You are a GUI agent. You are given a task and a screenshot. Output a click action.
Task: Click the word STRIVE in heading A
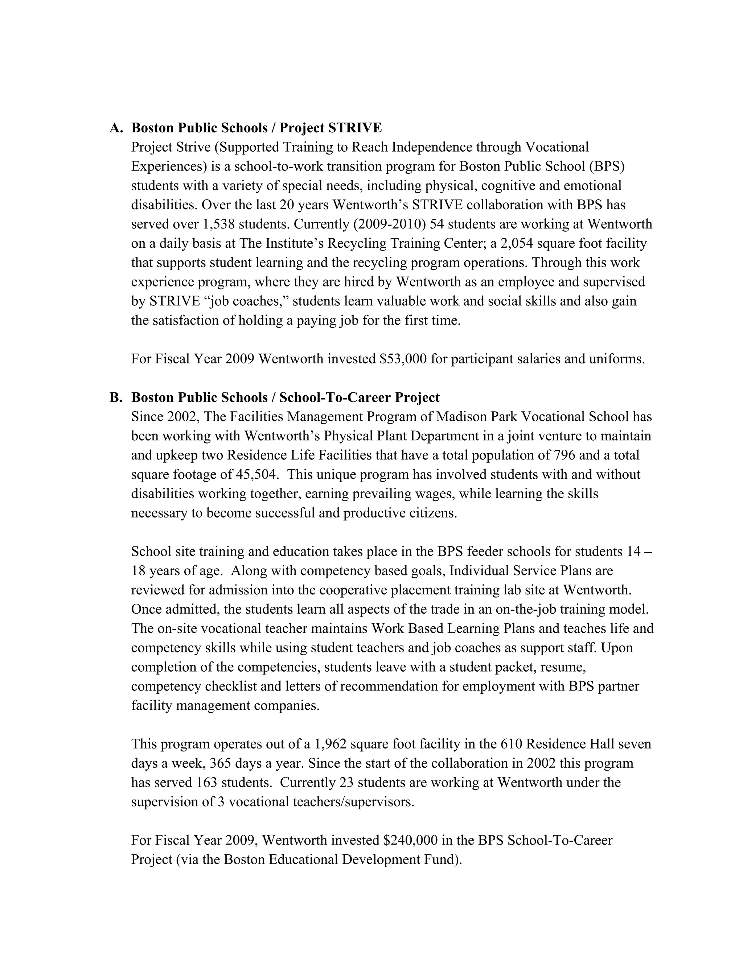(355, 128)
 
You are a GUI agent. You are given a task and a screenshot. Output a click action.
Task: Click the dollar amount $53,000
(403, 359)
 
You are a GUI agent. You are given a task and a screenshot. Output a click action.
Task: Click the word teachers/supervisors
(353, 802)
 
